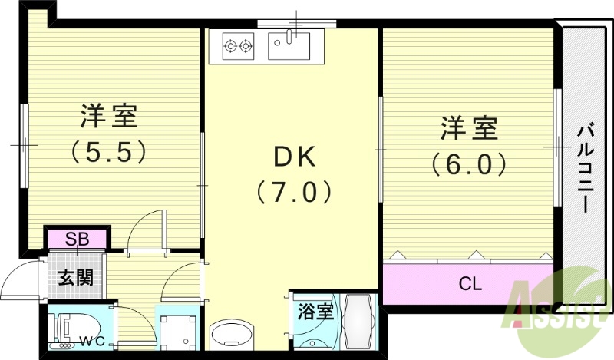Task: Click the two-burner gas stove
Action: [237, 46]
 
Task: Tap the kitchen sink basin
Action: [289, 45]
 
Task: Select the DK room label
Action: [295, 157]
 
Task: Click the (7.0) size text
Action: [295, 190]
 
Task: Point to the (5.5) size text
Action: [108, 152]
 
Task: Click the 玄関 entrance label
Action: [77, 276]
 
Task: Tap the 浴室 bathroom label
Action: [315, 312]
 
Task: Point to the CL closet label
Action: [470, 284]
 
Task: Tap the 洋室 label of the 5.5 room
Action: [109, 117]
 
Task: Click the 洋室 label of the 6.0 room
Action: [468, 128]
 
